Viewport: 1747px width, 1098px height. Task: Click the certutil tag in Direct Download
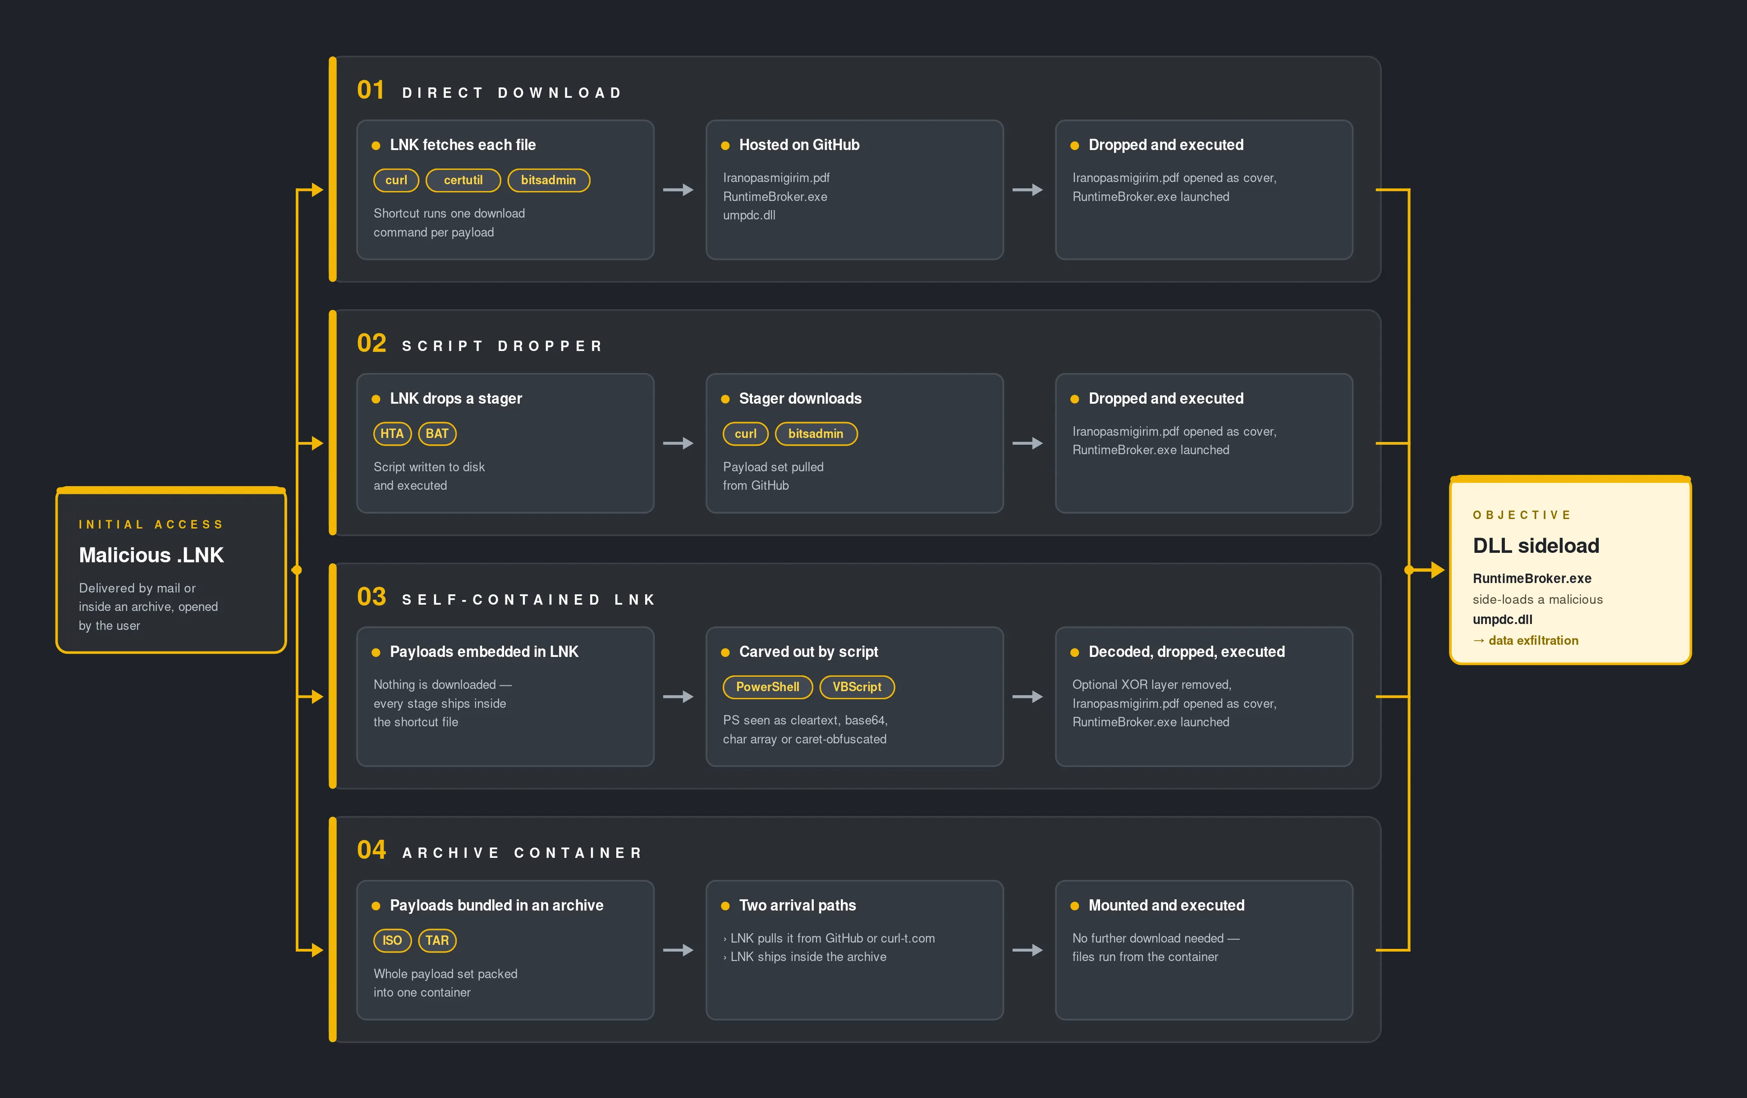(463, 180)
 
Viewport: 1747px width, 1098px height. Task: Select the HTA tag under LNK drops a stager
(392, 434)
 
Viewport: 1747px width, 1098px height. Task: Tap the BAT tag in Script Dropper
(437, 434)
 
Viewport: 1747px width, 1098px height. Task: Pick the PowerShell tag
(768, 687)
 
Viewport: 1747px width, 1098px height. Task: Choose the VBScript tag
(857, 687)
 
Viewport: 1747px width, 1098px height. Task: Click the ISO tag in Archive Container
(392, 941)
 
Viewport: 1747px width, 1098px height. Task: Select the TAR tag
(437, 941)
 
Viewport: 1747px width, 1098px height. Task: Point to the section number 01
(371, 90)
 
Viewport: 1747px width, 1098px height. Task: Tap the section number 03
(371, 597)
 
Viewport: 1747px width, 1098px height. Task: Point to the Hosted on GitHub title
(799, 145)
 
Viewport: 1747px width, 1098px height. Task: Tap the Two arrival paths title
(798, 905)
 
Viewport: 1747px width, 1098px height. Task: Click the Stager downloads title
(800, 398)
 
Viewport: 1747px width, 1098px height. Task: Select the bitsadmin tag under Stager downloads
(816, 434)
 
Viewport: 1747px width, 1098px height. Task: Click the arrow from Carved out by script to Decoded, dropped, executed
(1027, 697)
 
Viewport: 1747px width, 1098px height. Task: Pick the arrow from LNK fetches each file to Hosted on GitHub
(679, 190)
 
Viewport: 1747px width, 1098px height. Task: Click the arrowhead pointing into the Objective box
(1438, 570)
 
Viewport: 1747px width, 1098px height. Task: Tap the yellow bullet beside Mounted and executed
(1074, 906)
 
